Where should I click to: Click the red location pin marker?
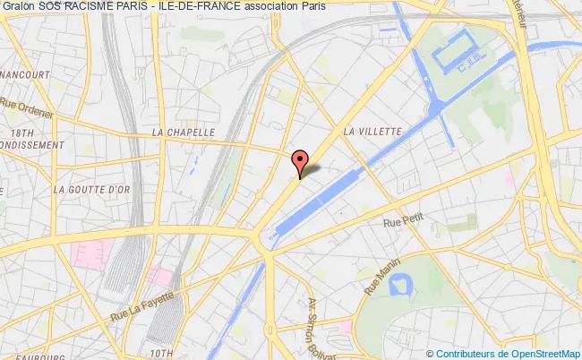point(300,161)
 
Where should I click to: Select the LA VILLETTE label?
point(373,131)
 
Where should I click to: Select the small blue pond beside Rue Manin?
point(400,285)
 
